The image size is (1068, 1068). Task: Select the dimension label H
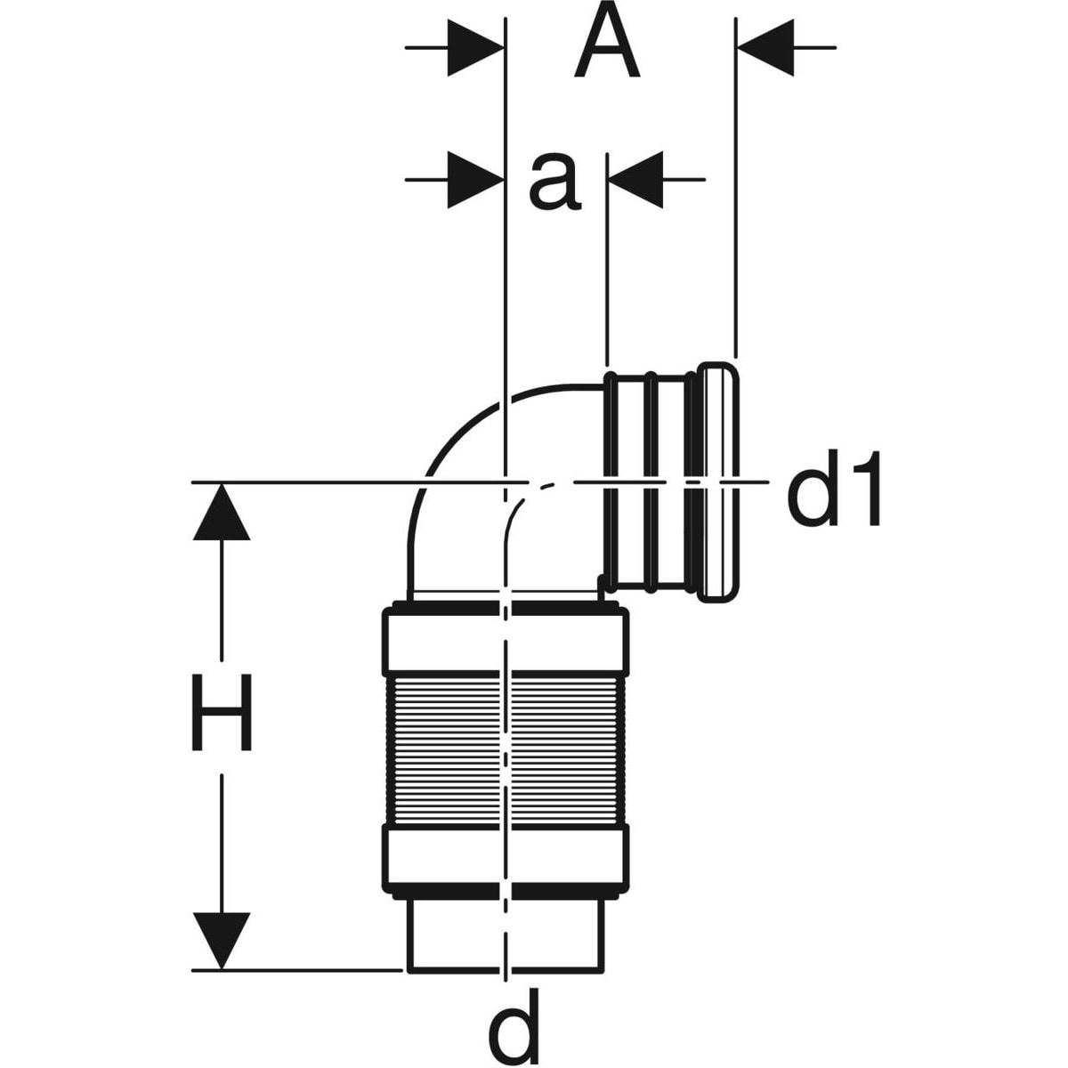222,712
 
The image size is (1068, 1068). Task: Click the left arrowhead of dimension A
475,48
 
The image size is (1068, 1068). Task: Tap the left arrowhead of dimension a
475,180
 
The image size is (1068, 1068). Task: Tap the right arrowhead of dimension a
636,180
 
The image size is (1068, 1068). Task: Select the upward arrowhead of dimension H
222,512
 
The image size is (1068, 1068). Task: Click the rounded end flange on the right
719,481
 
